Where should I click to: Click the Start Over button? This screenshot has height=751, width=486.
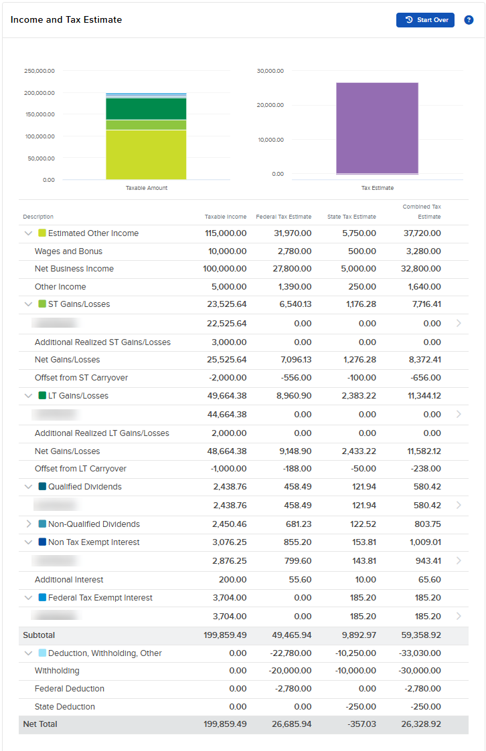coord(425,20)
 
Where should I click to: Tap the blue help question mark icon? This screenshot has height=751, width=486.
coord(469,20)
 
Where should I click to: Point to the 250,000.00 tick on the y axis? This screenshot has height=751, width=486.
coord(39,71)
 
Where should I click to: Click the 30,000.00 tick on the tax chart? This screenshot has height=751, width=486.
coord(270,71)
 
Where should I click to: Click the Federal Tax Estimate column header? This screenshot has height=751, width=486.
coord(283,217)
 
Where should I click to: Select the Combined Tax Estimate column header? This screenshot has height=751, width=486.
coord(422,212)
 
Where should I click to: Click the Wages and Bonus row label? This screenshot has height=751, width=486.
coord(68,251)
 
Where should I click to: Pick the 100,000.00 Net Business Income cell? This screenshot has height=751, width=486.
coord(225,269)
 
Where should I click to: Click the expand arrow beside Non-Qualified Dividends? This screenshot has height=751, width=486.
coord(28,524)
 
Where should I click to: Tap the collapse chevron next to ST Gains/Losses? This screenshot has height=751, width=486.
coord(28,304)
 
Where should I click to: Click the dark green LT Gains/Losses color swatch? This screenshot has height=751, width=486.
coord(42,396)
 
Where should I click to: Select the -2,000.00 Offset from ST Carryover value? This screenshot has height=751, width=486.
coord(228,378)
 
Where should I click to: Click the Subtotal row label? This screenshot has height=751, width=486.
coord(39,635)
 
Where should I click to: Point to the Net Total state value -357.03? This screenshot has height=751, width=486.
coord(359,724)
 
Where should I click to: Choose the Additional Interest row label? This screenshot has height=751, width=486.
coord(69,580)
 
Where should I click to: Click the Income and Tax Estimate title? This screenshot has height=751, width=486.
coord(66,20)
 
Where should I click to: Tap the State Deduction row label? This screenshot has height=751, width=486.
coord(65,707)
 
